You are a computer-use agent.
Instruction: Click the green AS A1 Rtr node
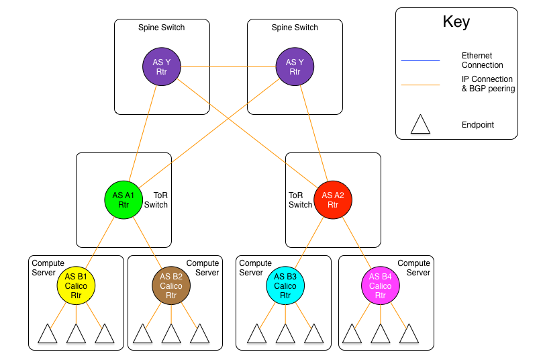tap(124, 200)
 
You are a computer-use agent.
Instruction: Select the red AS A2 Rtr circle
tap(333, 200)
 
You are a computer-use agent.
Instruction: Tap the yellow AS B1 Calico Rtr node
tap(76, 285)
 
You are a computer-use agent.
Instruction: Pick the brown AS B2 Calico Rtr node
tap(171, 285)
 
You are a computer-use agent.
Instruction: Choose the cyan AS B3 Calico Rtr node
tap(285, 285)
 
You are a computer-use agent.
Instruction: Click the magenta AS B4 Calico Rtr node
tap(381, 285)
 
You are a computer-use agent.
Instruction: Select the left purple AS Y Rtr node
tap(162, 66)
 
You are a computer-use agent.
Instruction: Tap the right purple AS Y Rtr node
tap(295, 66)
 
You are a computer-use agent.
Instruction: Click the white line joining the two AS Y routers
tap(228, 66)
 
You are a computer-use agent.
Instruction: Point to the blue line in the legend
tap(420, 61)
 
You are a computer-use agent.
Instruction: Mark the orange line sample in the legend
tap(420, 85)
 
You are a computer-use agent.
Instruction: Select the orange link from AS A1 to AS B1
tap(100, 242)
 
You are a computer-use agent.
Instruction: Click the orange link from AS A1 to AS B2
tap(148, 242)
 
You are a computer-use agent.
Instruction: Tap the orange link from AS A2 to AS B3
tap(309, 242)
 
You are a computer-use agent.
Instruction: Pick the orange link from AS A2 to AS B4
tap(356, 242)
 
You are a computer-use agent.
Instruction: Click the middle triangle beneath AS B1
tap(76, 335)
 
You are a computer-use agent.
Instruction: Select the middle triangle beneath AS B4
tap(381, 335)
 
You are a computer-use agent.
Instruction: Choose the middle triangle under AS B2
tap(171, 335)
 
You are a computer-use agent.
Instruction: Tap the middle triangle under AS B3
tap(285, 335)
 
